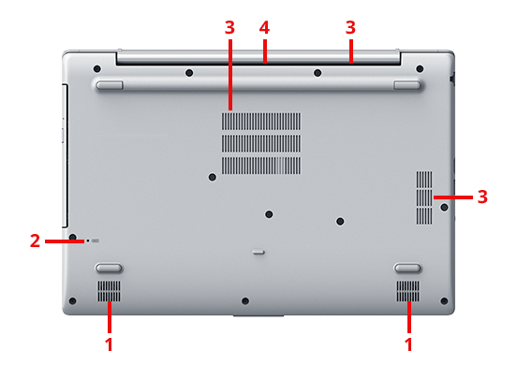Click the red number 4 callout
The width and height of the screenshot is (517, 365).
(264, 28)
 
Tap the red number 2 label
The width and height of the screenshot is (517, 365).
(35, 241)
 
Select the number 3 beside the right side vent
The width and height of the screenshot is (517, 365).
(482, 197)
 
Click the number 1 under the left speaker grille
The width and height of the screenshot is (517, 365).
(109, 344)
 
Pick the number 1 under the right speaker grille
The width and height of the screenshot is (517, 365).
(408, 344)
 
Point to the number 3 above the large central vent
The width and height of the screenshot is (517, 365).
(229, 28)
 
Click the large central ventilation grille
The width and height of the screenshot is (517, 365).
(260, 143)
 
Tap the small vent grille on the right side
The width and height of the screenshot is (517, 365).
(424, 197)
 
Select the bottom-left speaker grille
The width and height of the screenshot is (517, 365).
(109, 291)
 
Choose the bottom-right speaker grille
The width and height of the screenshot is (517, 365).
(408, 291)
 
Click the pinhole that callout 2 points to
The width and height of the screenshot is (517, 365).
(88, 241)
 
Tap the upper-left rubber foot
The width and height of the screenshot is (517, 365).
(110, 85)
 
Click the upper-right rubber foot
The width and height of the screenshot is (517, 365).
(407, 85)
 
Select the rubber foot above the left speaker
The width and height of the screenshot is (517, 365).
(109, 268)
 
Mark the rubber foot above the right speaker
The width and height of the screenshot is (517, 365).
(407, 268)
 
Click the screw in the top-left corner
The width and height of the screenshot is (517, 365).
(97, 69)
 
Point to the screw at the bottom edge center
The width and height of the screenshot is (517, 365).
(245, 300)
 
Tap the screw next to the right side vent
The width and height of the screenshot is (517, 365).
(445, 207)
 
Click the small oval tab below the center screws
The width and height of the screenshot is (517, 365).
(258, 252)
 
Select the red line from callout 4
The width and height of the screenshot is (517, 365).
(264, 51)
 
